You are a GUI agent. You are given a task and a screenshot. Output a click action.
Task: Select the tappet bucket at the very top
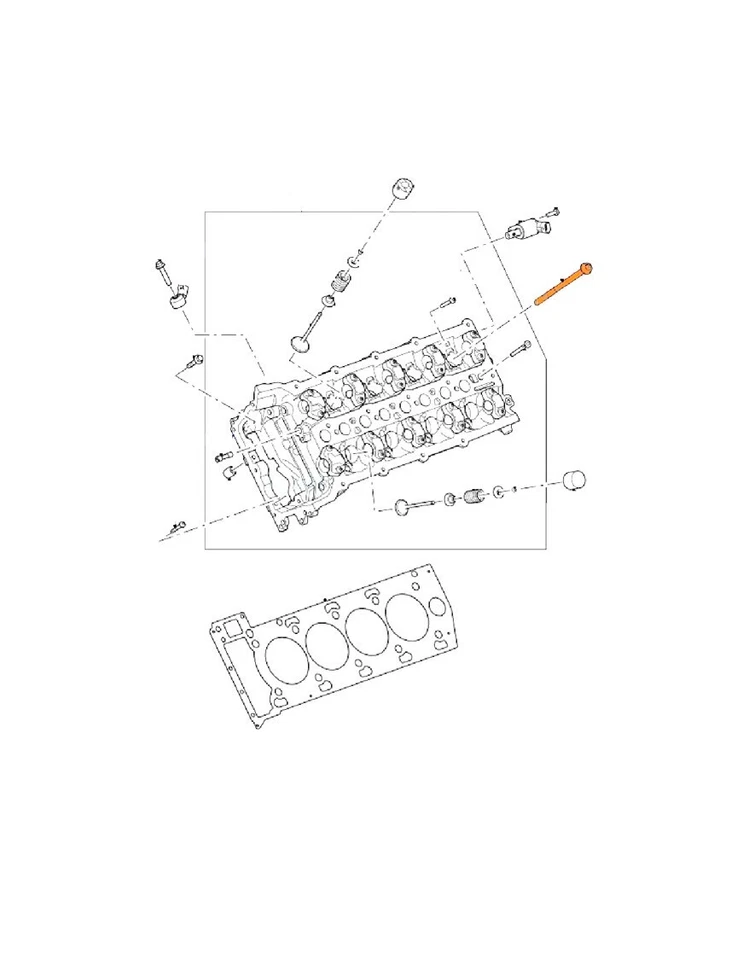(402, 187)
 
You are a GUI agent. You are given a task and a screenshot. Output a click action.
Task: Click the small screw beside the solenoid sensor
(552, 212)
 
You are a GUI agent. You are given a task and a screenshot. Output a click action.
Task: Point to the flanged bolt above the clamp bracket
(162, 271)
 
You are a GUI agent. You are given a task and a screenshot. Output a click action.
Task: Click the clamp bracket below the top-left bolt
(181, 297)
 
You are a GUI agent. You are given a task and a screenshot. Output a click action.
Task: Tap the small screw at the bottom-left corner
(177, 526)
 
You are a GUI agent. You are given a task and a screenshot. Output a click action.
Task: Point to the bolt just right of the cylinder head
(520, 349)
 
